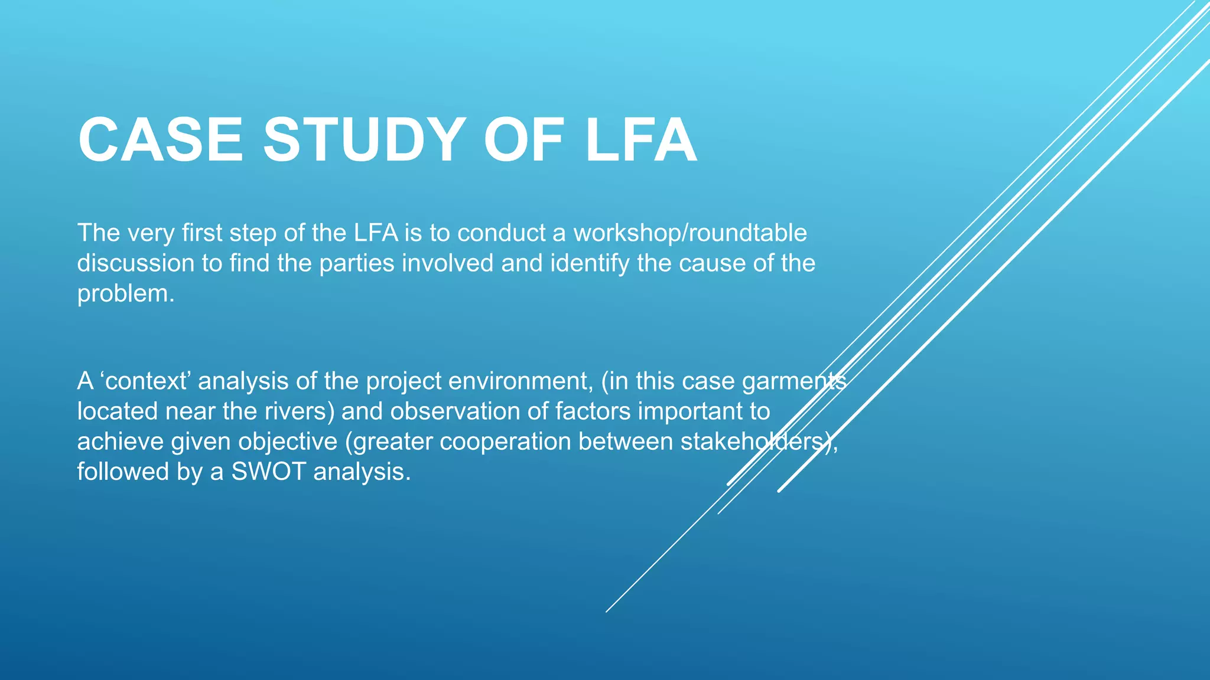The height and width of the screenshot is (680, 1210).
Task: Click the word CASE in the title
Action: pyautogui.click(x=160, y=140)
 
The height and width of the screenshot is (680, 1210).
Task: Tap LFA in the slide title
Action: pyautogui.click(x=641, y=140)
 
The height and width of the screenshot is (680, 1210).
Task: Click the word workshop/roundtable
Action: pyautogui.click(x=690, y=233)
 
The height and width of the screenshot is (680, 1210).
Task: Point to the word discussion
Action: pyautogui.click(x=135, y=263)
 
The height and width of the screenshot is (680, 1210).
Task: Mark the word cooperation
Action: pyautogui.click(x=505, y=442)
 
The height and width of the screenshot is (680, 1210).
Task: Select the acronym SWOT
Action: pyautogui.click(x=268, y=472)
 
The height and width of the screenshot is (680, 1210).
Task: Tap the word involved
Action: pyautogui.click(x=447, y=263)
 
